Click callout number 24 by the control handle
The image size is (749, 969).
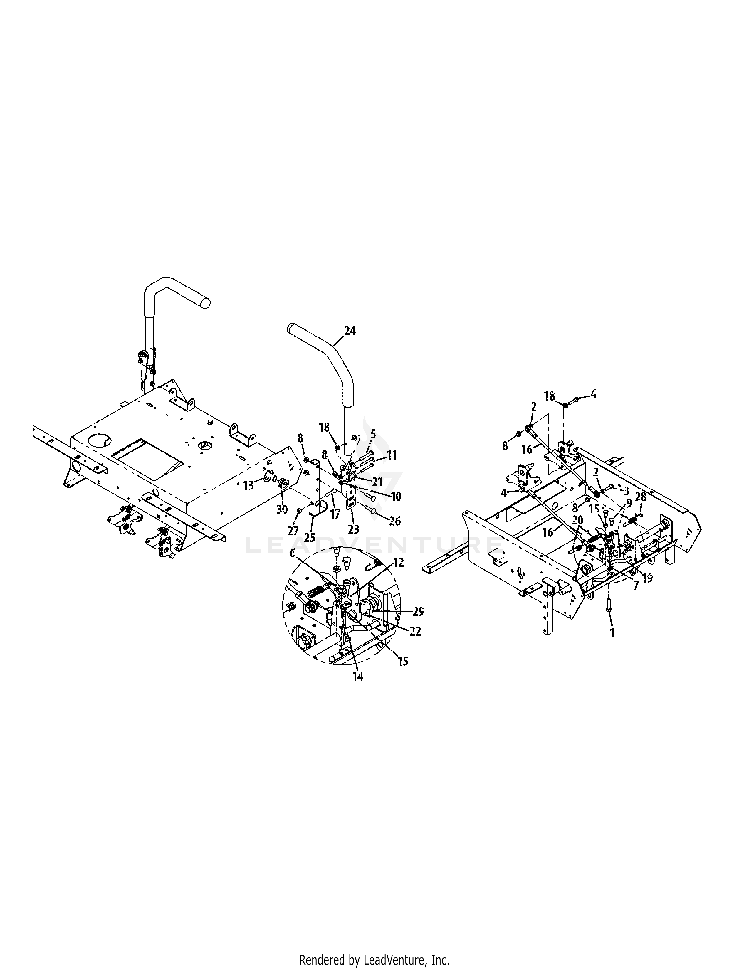350,331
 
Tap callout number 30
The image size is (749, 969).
282,509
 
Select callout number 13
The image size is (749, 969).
248,485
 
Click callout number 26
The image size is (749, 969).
395,521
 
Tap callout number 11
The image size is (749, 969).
392,456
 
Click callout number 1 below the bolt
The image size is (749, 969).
612,633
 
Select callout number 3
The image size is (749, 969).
627,491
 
